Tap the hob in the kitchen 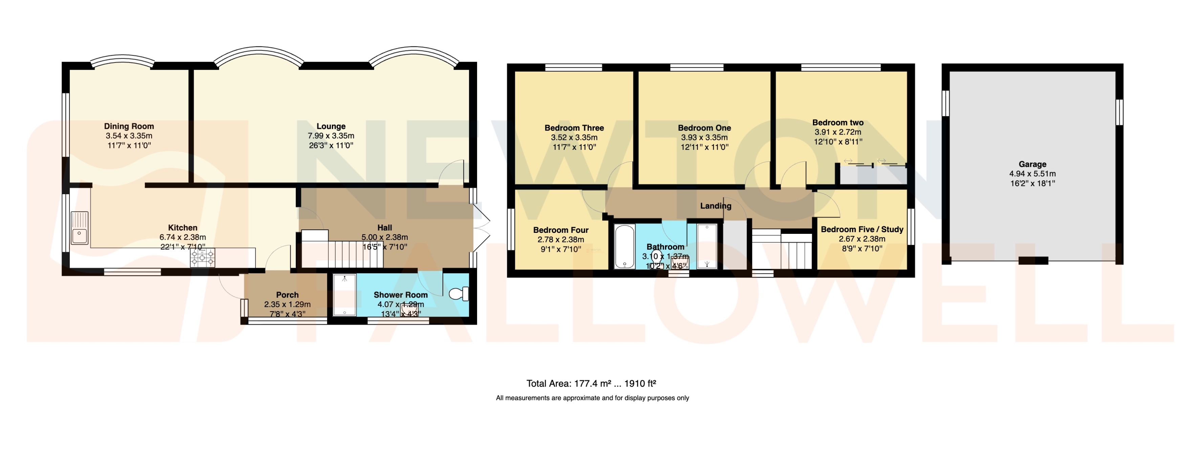[x=203, y=258]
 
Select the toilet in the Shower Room [x=459, y=294]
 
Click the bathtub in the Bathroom [x=625, y=246]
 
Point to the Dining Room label [x=129, y=126]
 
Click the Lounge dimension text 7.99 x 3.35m [x=331, y=136]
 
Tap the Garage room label [x=1032, y=164]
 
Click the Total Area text [x=591, y=383]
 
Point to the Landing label [x=715, y=206]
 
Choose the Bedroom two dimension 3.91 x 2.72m [x=838, y=132]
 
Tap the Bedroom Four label [x=560, y=230]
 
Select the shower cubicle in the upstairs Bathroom [x=707, y=246]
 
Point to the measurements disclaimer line [x=592, y=398]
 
